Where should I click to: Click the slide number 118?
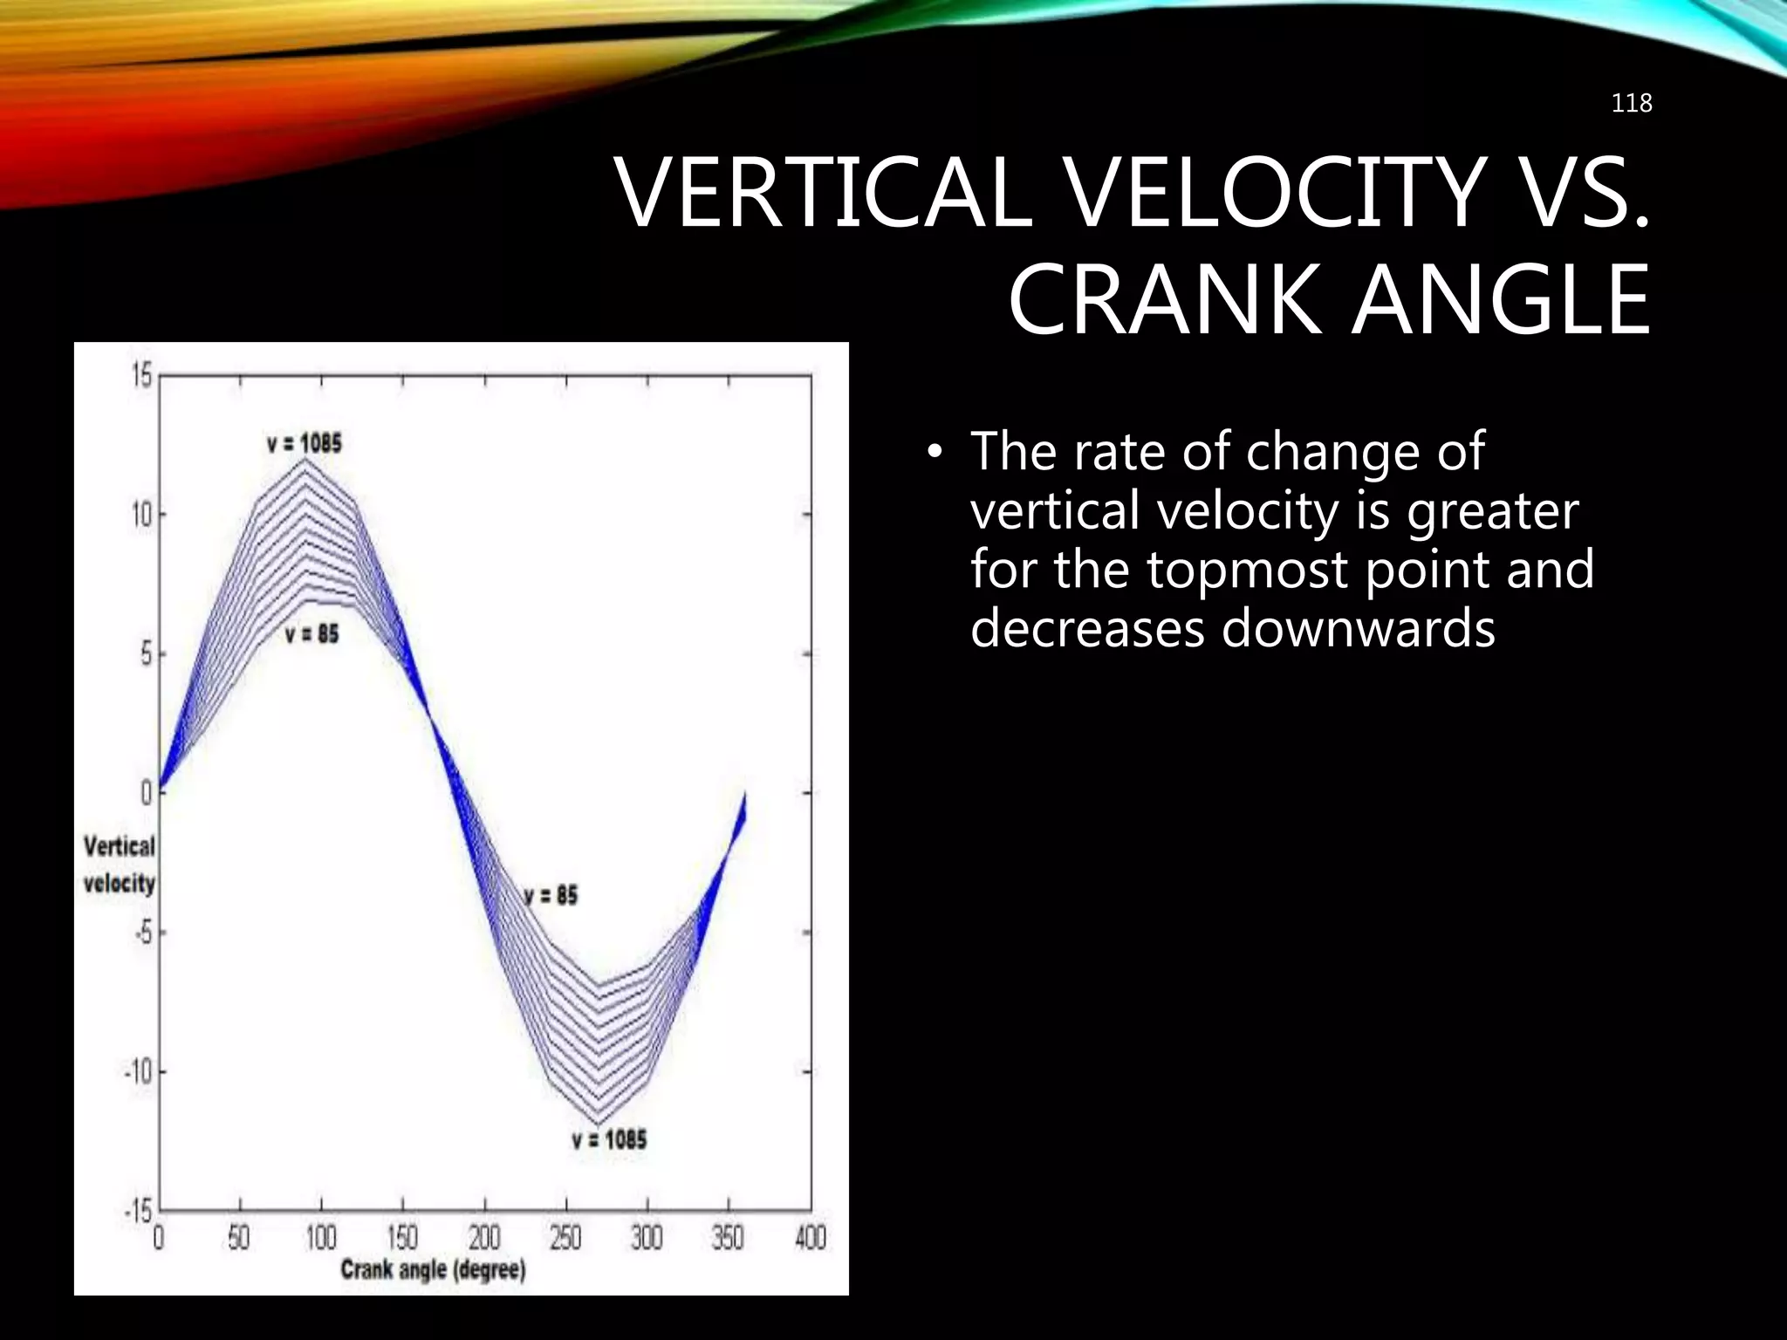pyautogui.click(x=1631, y=104)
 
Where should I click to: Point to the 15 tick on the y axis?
pyautogui.click(x=141, y=377)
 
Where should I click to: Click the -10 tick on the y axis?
pyautogui.click(x=137, y=1070)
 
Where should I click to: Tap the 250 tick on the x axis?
pyautogui.click(x=565, y=1237)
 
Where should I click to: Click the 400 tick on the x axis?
pyautogui.click(x=810, y=1237)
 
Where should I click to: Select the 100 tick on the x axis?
pyautogui.click(x=320, y=1237)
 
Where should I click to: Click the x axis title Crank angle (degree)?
pyautogui.click(x=433, y=1269)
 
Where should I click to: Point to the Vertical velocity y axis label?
pyautogui.click(x=119, y=865)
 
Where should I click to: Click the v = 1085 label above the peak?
pyautogui.click(x=305, y=443)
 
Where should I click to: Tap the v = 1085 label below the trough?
pyautogui.click(x=609, y=1139)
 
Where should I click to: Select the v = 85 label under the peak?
pyautogui.click(x=312, y=634)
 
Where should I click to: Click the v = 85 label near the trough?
pyautogui.click(x=551, y=895)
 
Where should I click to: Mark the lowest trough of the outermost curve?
pyautogui.click(x=598, y=1125)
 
